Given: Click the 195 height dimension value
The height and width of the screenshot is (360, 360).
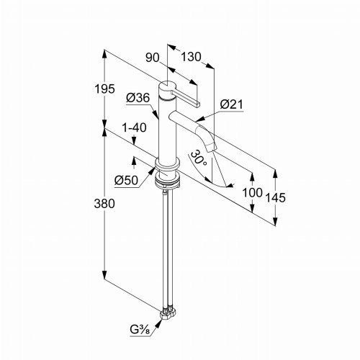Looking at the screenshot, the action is click(x=104, y=89).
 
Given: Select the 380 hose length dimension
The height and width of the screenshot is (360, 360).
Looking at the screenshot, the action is click(x=104, y=204).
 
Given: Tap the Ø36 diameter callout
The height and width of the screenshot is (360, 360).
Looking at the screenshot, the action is click(x=138, y=98).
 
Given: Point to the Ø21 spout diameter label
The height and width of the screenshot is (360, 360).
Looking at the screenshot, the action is click(x=232, y=104).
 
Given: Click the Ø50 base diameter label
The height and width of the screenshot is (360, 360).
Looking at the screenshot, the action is click(x=126, y=180).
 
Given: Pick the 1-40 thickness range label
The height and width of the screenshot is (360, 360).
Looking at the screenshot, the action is click(x=134, y=127).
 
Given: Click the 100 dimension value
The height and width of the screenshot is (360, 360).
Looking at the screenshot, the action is click(x=252, y=192).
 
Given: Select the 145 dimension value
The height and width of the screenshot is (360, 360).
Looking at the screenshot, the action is click(x=276, y=198).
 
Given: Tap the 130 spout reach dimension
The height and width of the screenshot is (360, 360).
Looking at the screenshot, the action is click(x=191, y=57).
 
